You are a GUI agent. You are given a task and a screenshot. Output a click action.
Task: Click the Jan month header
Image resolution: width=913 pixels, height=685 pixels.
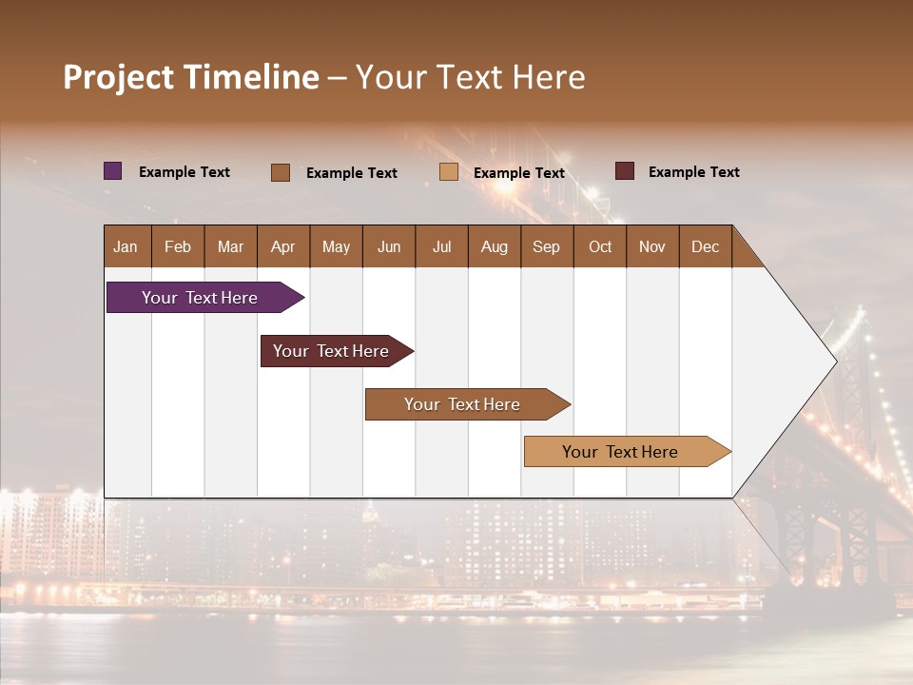126,246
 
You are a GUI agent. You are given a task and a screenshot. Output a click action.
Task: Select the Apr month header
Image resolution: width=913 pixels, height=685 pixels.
283,246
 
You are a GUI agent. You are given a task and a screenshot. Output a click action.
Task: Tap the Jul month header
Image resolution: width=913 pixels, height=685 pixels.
441,246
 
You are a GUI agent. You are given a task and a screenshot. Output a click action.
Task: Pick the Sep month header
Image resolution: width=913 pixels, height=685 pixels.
546,246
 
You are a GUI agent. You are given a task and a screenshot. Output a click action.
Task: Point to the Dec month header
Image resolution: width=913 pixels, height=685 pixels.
705,246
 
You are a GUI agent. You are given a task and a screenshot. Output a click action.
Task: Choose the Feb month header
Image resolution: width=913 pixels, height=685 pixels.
178,246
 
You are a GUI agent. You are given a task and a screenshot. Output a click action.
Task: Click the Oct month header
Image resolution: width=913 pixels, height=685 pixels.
600,246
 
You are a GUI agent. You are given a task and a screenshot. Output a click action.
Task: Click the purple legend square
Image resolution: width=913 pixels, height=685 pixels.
113,171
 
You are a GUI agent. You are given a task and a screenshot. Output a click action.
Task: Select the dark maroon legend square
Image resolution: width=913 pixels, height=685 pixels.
625,171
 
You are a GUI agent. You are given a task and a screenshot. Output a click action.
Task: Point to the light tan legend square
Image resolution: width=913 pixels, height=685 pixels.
449,172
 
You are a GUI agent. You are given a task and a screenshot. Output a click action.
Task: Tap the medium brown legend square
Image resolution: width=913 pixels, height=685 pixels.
281,172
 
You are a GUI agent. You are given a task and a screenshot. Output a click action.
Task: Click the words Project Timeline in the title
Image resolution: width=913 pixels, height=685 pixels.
191,77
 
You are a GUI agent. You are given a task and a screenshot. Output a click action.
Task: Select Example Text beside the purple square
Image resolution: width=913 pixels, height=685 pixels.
185,172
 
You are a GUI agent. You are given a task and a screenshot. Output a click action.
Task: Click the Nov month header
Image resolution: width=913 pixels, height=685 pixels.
652,246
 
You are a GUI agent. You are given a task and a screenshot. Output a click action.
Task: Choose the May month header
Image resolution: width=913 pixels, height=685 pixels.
336,246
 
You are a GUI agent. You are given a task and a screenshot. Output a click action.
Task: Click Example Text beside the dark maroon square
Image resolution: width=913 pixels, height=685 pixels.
694,172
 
